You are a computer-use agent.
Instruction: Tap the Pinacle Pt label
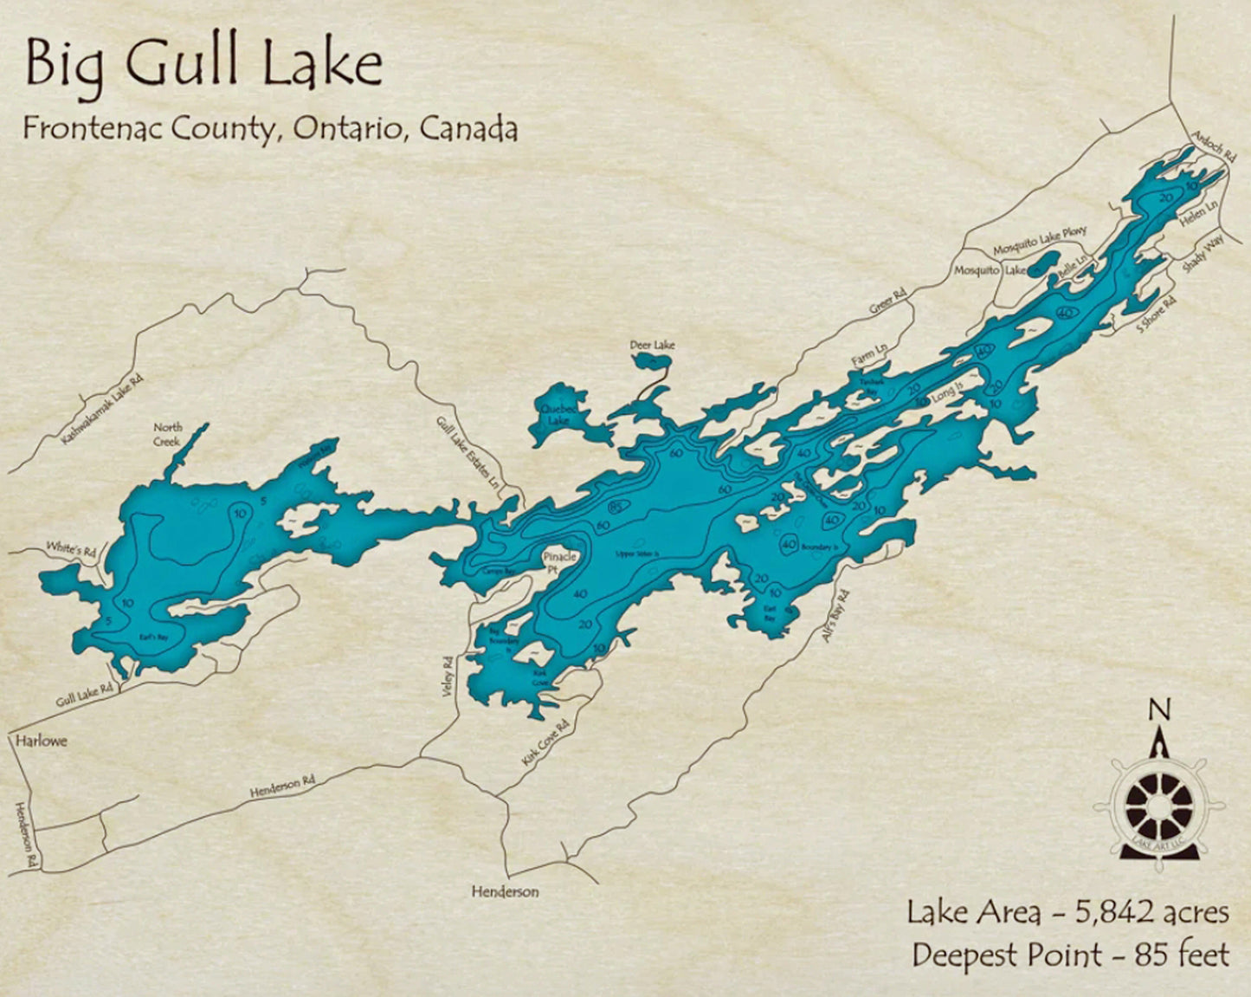click(x=559, y=563)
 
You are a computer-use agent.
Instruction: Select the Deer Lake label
click(x=652, y=345)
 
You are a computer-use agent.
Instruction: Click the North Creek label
click(x=168, y=434)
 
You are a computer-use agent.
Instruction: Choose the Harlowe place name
click(x=41, y=741)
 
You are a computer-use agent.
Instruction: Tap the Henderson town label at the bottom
click(x=505, y=891)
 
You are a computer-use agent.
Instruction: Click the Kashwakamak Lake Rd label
click(x=101, y=410)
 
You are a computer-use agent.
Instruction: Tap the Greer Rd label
click(x=887, y=302)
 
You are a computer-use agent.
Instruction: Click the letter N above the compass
click(x=1159, y=709)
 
